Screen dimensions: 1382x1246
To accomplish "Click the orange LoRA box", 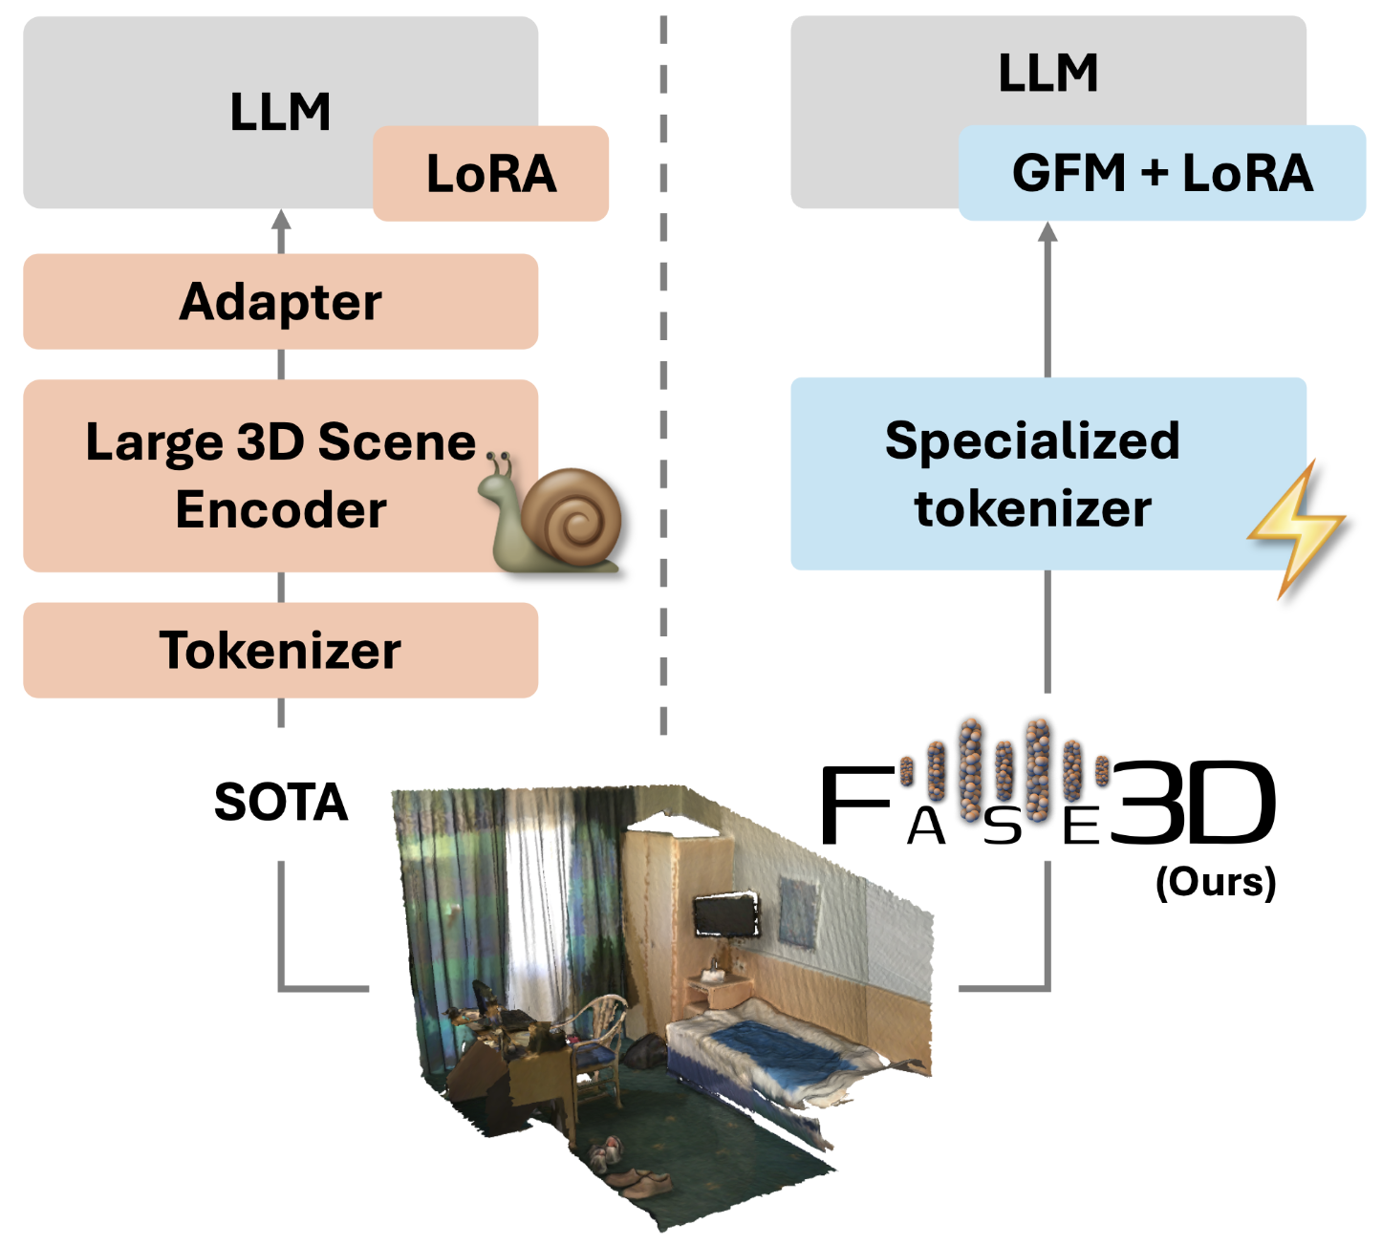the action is pyautogui.click(x=490, y=173).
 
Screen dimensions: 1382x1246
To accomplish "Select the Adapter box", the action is pyautogui.click(x=280, y=301).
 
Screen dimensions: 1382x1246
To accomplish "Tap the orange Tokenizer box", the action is pyautogui.click(x=280, y=650).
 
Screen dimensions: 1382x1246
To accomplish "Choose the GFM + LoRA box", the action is pyautogui.click(x=1162, y=173).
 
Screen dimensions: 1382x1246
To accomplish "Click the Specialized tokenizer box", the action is pyautogui.click(x=1047, y=474).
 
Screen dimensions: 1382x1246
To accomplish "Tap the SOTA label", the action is pyautogui.click(x=281, y=803).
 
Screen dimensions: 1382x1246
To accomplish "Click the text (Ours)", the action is pyautogui.click(x=1216, y=882).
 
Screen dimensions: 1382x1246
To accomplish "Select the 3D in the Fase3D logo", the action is pyautogui.click(x=1192, y=802).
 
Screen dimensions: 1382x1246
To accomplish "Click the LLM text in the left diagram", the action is pyautogui.click(x=280, y=112).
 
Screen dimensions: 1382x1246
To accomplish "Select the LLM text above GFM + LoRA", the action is pyautogui.click(x=1047, y=73).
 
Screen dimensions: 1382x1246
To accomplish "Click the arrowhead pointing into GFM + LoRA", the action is pyautogui.click(x=1047, y=232).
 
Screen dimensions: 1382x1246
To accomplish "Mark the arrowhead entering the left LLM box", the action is pyautogui.click(x=280, y=220).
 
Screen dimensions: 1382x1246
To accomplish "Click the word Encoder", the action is pyautogui.click(x=281, y=509).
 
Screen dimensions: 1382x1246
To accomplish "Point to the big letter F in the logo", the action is pyautogui.click(x=857, y=804).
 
